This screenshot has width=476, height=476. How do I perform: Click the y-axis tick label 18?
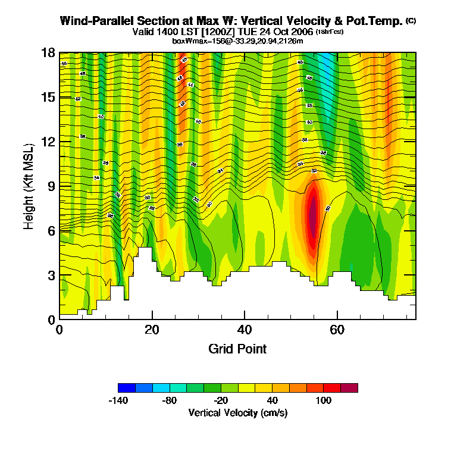(48, 52)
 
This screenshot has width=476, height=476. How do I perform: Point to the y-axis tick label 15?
(48, 97)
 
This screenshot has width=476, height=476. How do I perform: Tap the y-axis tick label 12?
(48, 142)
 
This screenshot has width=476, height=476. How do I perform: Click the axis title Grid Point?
(237, 349)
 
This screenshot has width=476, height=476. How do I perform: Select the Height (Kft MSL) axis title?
(29, 186)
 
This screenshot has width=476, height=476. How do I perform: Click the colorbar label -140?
(119, 400)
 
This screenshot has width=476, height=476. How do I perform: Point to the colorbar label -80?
(170, 400)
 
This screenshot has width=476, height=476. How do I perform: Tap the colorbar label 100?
(323, 400)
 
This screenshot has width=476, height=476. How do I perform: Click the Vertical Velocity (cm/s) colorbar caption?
(238, 412)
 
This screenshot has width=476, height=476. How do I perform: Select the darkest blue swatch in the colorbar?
(127, 388)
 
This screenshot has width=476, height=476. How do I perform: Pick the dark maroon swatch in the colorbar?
(349, 388)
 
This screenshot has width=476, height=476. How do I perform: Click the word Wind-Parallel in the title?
(93, 21)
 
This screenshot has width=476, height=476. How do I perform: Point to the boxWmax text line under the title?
(238, 40)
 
